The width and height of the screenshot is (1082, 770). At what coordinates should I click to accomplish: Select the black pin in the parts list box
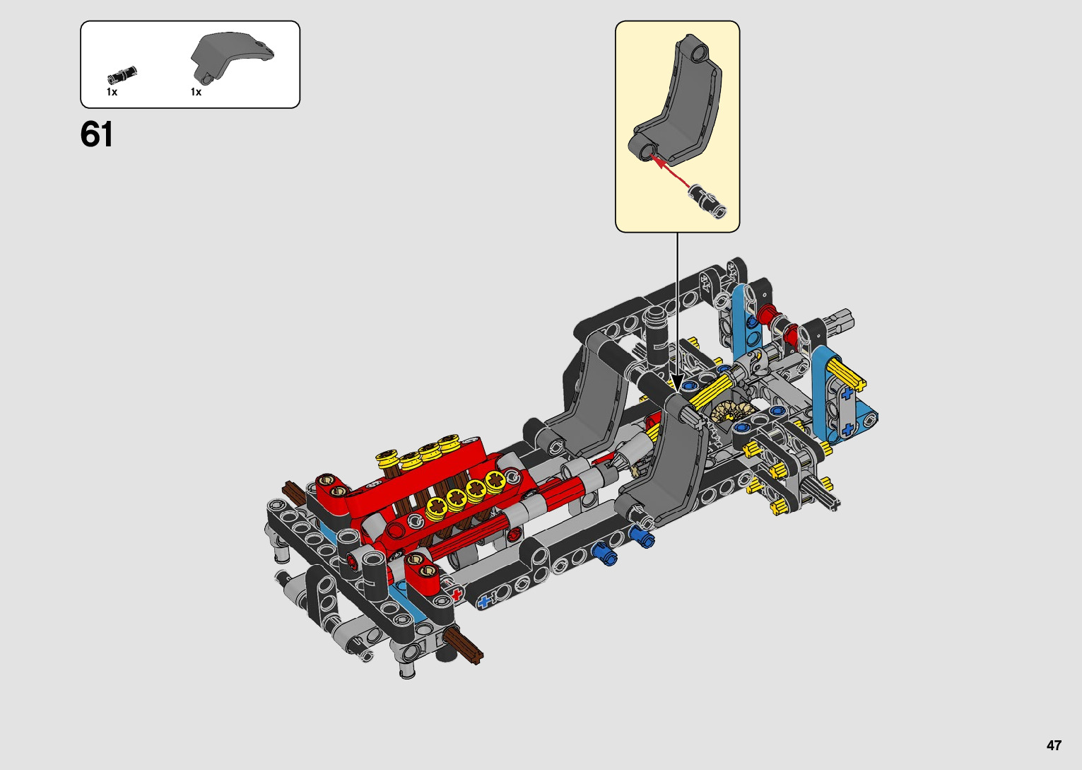[x=122, y=75]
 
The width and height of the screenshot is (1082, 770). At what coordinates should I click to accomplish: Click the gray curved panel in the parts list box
[x=230, y=57]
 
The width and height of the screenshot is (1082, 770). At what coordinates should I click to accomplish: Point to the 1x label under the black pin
[x=112, y=92]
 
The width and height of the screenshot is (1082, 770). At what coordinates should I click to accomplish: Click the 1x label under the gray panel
[x=196, y=92]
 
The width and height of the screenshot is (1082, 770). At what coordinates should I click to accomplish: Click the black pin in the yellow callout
[x=708, y=201]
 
